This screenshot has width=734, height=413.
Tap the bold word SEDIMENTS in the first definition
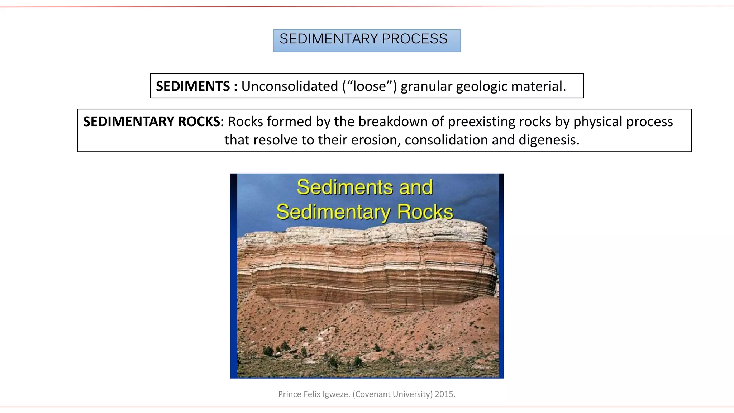(x=193, y=86)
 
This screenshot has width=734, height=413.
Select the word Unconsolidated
(x=290, y=86)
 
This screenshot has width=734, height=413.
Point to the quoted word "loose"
(x=369, y=86)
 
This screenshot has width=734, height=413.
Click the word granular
(x=426, y=86)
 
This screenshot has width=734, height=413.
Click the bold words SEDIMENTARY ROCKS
(x=151, y=122)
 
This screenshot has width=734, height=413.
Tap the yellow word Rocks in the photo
(x=425, y=212)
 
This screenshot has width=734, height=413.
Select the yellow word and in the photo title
(x=416, y=187)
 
